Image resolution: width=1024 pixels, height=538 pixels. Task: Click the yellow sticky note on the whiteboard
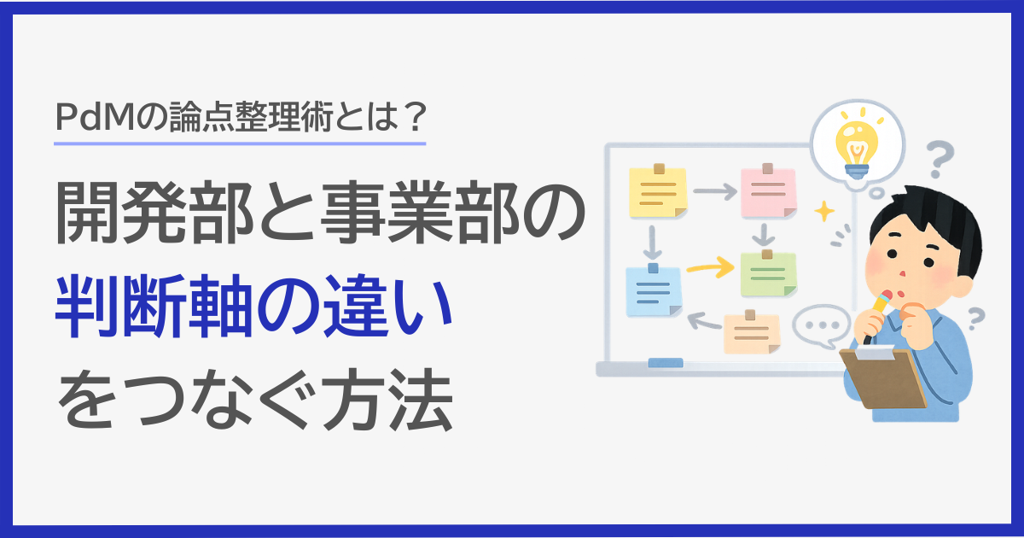[658, 191]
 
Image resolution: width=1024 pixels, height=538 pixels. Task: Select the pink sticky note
[769, 191]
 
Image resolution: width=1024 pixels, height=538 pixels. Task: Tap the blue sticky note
[654, 290]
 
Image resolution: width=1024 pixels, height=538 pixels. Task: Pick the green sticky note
[768, 273]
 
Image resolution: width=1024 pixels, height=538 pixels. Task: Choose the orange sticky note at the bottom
[752, 332]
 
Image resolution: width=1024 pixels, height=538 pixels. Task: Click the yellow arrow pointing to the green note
[710, 266]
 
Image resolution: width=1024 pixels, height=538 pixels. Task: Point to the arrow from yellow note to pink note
[715, 191]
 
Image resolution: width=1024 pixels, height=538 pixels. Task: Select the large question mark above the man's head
[940, 159]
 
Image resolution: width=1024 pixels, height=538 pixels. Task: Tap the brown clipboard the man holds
[882, 377]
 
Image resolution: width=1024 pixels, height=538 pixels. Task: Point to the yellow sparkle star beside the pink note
[824, 211]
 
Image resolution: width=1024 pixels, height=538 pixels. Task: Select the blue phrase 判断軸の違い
[253, 306]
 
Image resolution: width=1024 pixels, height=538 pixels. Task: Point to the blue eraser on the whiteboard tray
[666, 363]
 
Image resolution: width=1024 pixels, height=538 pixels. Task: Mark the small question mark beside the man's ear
[975, 319]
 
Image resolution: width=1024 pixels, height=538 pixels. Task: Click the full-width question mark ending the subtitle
[415, 117]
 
